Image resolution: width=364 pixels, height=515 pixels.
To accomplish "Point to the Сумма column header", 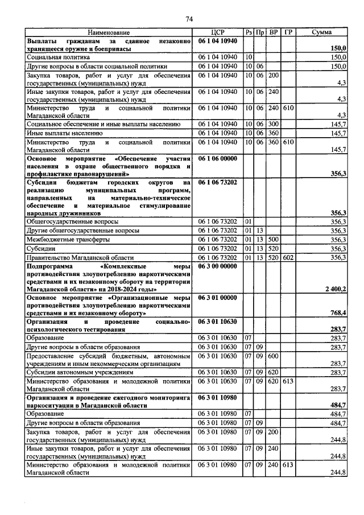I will pyautogui.click(x=322, y=33).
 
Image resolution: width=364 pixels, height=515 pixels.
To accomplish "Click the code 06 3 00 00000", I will pyautogui.click(x=218, y=266).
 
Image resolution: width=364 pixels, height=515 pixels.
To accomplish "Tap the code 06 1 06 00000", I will pyautogui.click(x=218, y=158).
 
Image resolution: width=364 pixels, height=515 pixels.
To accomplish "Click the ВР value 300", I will pyautogui.click(x=274, y=124).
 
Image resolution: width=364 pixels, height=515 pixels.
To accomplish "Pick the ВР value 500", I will pyautogui.click(x=274, y=240).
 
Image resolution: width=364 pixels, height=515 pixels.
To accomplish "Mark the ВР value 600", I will pyautogui.click(x=274, y=356).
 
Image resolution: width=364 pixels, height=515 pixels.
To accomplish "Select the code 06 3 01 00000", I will pyautogui.click(x=218, y=297).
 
